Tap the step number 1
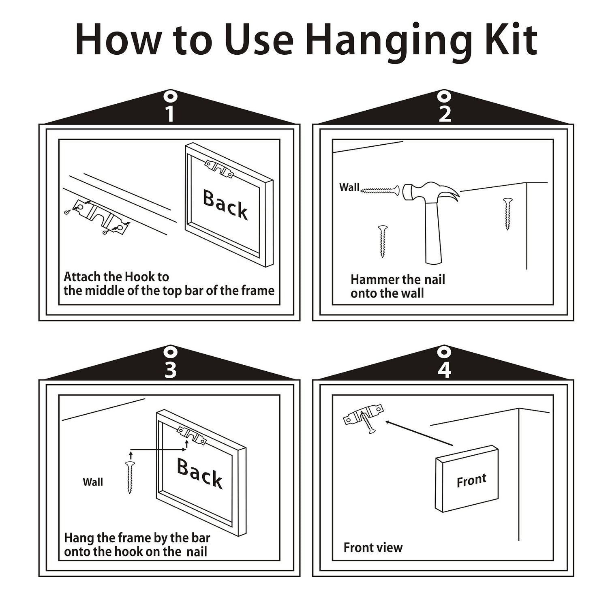(x=170, y=114)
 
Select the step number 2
(x=445, y=114)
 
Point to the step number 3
(x=170, y=370)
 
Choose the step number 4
(x=445, y=370)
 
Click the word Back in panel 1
(x=225, y=205)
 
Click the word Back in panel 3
(x=200, y=473)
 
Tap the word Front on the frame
(x=471, y=480)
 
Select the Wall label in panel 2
(x=349, y=187)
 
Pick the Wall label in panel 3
(x=93, y=482)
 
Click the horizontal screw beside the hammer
(x=380, y=189)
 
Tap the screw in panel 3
(x=130, y=477)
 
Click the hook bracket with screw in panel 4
(x=364, y=418)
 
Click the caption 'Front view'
(x=373, y=548)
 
